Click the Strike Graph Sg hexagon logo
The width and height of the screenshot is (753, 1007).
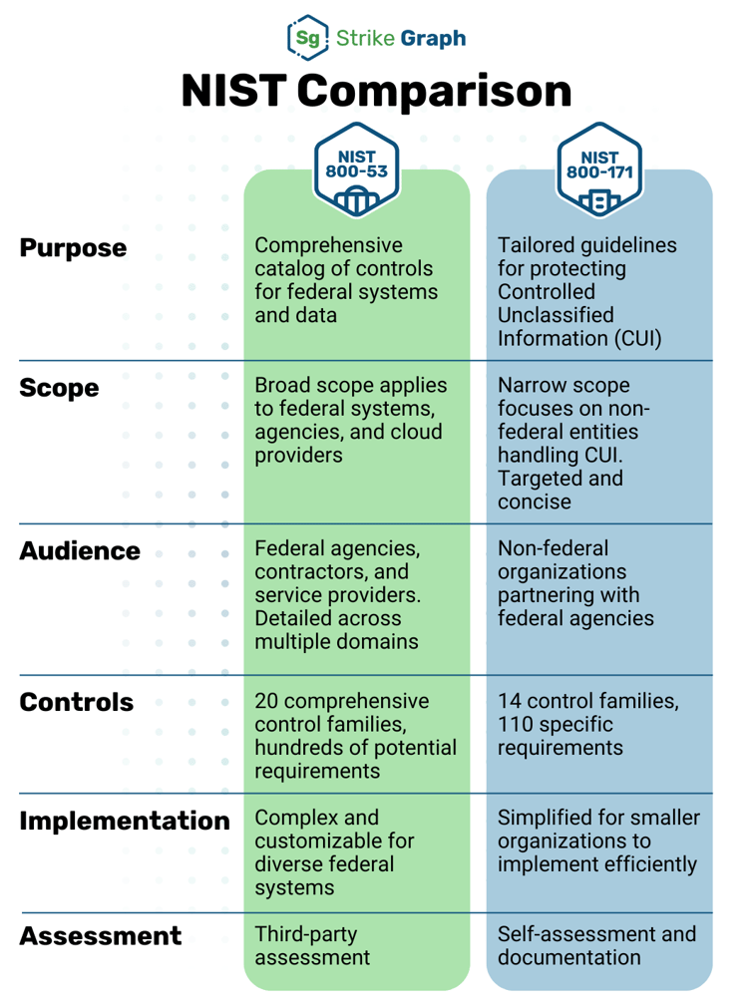coord(306,38)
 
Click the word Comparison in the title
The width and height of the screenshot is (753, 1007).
coord(435,91)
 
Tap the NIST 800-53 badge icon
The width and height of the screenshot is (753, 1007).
coord(356,169)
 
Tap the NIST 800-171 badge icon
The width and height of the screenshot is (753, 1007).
coord(599,169)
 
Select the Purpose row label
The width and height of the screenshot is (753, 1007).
coord(73,247)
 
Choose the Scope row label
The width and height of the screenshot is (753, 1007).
coord(59,388)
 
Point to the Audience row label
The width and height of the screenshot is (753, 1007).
coord(80,550)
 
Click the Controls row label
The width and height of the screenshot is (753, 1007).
coord(76,702)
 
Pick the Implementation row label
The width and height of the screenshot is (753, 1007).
coord(125,821)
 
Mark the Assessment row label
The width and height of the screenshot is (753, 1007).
coord(100,936)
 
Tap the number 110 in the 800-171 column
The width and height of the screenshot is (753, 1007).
coord(516,725)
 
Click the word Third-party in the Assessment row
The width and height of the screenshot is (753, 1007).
coord(305,934)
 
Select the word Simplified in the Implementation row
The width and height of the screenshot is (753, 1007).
coord(546,818)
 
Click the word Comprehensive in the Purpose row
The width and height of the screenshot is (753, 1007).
coord(328,245)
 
